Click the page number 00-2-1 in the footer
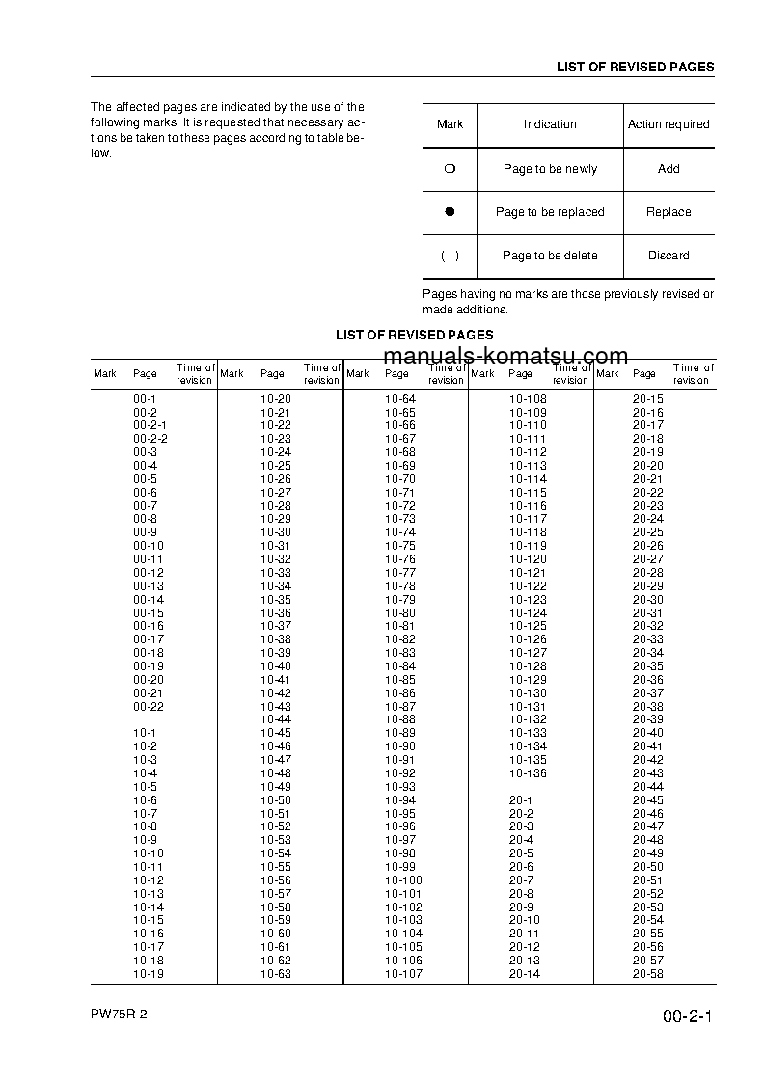687,1017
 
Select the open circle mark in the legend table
450,169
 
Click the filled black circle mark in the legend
450,212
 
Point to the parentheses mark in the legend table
450,256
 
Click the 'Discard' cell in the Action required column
669,256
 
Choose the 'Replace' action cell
669,212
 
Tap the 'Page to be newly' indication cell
550,169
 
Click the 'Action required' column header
669,124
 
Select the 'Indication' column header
550,124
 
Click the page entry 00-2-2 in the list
150,439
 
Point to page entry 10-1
145,733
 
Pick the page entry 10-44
275,719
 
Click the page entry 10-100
403,880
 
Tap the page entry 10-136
528,773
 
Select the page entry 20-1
521,800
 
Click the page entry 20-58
647,974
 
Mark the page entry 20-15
647,399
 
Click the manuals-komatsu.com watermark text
506,356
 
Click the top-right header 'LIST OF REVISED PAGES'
635,68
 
